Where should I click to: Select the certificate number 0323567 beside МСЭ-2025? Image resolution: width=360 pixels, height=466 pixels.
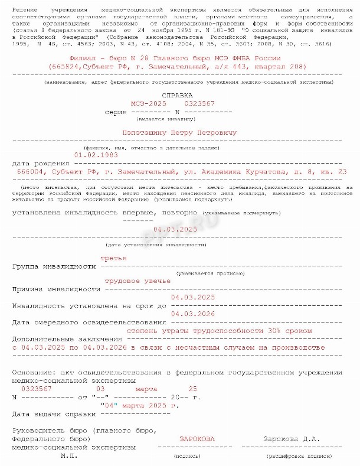pyautogui.click(x=199, y=103)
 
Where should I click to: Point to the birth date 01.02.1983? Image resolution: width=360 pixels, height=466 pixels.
pyautogui.click(x=96, y=155)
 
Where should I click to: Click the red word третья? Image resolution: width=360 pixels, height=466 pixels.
pyautogui.click(x=113, y=259)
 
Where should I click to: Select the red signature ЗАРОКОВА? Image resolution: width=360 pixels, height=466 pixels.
pyautogui.click(x=197, y=439)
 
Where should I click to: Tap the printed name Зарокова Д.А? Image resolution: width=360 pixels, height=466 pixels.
pyautogui.click(x=292, y=439)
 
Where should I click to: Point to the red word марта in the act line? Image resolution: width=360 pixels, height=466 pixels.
pyautogui.click(x=146, y=389)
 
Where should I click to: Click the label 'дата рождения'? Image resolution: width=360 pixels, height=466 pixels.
pyautogui.click(x=38, y=163)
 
